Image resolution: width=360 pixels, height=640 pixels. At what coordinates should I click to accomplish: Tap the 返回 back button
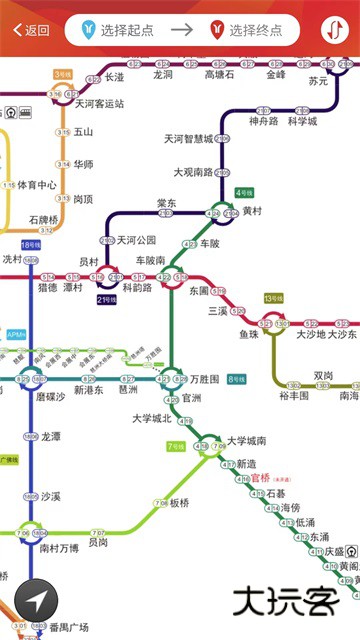[30, 30]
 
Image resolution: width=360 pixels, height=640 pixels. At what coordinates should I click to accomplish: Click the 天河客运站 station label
[100, 103]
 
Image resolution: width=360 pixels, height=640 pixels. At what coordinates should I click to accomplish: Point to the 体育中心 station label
[37, 185]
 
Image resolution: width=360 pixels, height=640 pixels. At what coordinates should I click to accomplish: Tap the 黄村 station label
[252, 212]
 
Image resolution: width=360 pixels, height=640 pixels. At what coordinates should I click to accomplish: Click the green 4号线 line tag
[244, 192]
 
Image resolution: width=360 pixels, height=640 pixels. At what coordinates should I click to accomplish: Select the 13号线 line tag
[273, 299]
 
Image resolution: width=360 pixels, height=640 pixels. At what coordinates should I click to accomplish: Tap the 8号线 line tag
[236, 379]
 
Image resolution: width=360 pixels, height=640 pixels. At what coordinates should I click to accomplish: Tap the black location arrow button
[36, 601]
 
